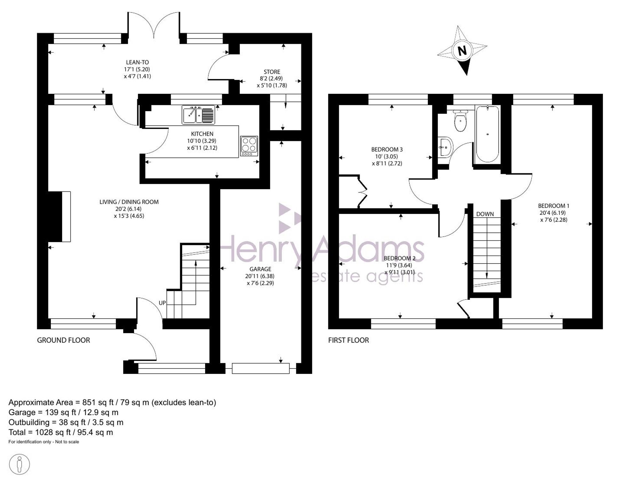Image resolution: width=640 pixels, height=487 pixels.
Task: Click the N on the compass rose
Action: [462, 51]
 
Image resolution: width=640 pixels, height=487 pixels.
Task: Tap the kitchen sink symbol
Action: [198, 115]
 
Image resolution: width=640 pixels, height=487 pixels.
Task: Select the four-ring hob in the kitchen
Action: [249, 146]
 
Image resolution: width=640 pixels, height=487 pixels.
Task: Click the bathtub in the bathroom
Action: [487, 134]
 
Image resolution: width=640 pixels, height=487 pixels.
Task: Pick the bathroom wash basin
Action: [446, 147]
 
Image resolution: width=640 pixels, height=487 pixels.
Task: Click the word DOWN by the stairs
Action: [485, 214]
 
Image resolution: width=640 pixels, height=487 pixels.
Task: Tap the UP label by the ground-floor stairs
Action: [162, 303]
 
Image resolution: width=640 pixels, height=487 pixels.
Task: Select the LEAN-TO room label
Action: [137, 62]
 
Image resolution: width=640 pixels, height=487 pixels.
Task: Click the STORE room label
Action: [272, 72]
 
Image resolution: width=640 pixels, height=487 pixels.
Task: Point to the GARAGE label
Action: [260, 269]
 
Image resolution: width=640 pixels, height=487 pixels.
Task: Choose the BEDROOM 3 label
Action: [387, 150]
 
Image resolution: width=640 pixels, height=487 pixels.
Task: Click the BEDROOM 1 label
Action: [554, 206]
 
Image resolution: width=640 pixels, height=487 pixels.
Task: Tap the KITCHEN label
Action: [202, 134]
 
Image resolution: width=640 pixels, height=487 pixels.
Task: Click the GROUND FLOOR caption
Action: [63, 340]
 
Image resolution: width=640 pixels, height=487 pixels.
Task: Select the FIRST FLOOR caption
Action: [348, 340]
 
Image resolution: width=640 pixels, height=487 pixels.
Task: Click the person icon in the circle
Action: [20, 464]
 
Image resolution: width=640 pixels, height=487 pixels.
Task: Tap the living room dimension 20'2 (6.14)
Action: [129, 209]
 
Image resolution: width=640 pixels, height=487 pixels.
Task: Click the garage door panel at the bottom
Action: [261, 368]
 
